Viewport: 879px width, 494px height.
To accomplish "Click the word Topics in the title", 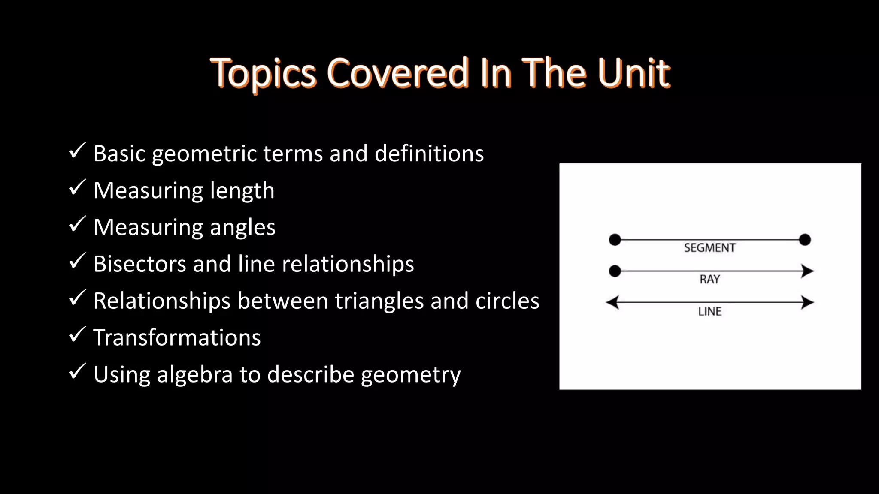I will coord(263,74).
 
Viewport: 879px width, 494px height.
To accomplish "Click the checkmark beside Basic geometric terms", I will coord(77,151).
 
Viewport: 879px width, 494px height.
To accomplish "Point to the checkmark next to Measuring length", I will coord(77,188).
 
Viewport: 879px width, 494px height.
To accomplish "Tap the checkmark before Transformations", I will coord(77,335).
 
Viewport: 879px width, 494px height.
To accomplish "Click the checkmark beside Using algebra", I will coord(77,372).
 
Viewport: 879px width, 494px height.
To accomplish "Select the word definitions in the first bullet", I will coord(429,154).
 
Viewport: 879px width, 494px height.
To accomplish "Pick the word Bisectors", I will coord(140,264).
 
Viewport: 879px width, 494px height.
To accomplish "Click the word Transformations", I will coord(177,337).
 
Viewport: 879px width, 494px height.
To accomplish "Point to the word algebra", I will coord(195,375).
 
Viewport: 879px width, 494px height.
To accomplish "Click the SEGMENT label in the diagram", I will coord(709,248).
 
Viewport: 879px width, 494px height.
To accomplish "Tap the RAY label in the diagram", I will coord(709,280).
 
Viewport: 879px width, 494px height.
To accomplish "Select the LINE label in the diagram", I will coord(709,312).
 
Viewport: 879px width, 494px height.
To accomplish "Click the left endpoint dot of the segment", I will coord(615,240).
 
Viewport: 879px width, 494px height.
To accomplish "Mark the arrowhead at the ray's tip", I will coord(807,271).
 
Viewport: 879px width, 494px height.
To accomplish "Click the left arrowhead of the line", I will coord(612,302).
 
